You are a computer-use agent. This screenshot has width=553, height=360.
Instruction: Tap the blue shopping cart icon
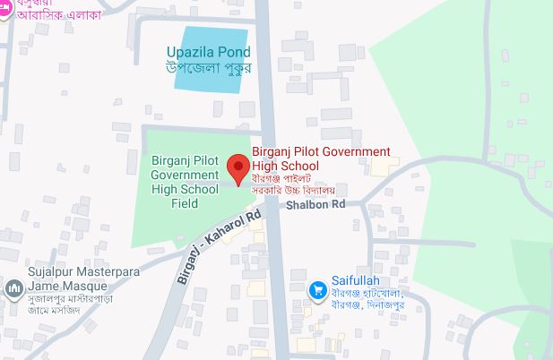316,289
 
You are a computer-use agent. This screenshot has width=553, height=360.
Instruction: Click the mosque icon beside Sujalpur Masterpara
13,288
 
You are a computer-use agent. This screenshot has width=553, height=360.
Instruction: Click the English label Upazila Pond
209,52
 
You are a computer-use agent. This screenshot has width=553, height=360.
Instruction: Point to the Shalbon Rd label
315,205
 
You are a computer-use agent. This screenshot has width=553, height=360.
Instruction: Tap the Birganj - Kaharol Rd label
218,246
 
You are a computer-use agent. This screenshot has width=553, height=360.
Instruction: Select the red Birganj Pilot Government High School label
321,159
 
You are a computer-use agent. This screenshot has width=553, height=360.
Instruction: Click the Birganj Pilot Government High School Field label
185,182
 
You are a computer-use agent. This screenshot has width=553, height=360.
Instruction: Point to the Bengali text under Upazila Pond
209,67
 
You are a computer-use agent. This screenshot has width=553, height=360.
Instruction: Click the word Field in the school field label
185,203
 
